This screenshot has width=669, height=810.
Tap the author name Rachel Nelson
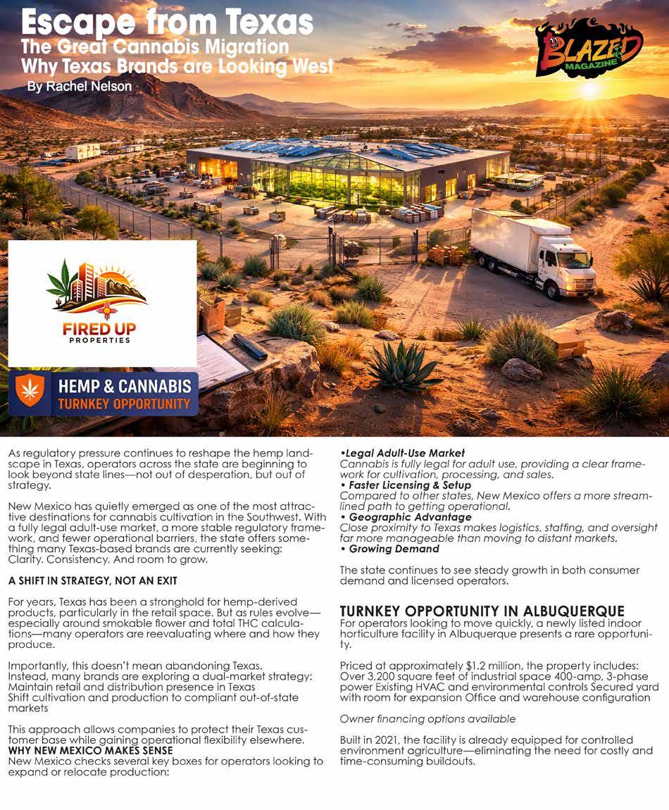click(79, 87)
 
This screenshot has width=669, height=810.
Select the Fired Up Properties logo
click(103, 303)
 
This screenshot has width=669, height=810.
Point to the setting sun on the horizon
click(589, 89)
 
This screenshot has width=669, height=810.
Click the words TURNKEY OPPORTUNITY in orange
click(124, 404)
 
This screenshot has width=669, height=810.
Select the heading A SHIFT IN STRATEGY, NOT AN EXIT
click(93, 581)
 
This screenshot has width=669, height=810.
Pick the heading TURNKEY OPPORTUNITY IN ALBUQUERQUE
click(482, 611)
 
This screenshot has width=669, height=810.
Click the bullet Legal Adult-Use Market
click(403, 453)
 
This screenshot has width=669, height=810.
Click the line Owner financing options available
click(427, 719)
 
